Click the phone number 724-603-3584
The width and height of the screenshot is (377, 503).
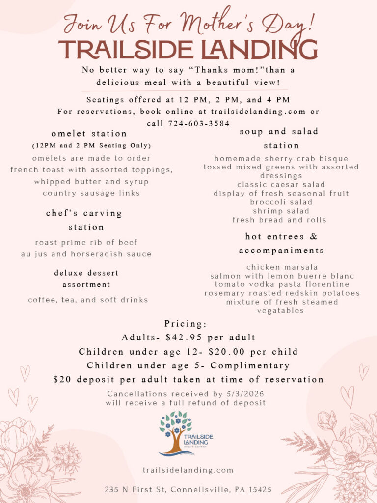point(199,124)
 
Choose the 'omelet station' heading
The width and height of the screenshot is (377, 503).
point(89,134)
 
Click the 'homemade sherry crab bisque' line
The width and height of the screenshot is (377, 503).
point(281,159)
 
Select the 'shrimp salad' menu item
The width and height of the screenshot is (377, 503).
point(281,211)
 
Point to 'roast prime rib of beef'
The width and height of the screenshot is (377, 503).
point(86,242)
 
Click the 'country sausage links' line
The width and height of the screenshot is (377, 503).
point(91,193)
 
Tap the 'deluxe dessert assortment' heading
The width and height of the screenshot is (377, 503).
point(86,279)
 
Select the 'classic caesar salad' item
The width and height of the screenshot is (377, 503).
point(281,185)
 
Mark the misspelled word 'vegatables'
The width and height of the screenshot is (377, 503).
point(281,311)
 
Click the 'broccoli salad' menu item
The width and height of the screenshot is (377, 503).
point(281,202)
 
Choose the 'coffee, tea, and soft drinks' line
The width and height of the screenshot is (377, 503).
point(88,300)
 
